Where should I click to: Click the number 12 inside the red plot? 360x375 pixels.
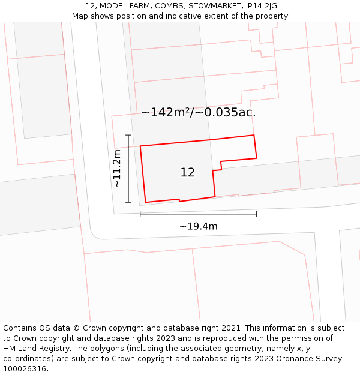187,173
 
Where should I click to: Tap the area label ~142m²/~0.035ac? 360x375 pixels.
199,112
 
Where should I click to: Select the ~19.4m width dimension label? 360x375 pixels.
198,226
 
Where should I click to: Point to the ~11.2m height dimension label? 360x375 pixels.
117,169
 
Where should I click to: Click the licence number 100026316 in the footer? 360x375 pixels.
24,368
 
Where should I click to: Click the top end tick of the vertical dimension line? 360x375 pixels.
128,135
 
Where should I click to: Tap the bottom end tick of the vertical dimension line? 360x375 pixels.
128,202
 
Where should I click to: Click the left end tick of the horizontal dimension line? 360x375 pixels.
140,214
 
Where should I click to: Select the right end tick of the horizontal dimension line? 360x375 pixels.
256,214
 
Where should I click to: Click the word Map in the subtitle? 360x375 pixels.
80,16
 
